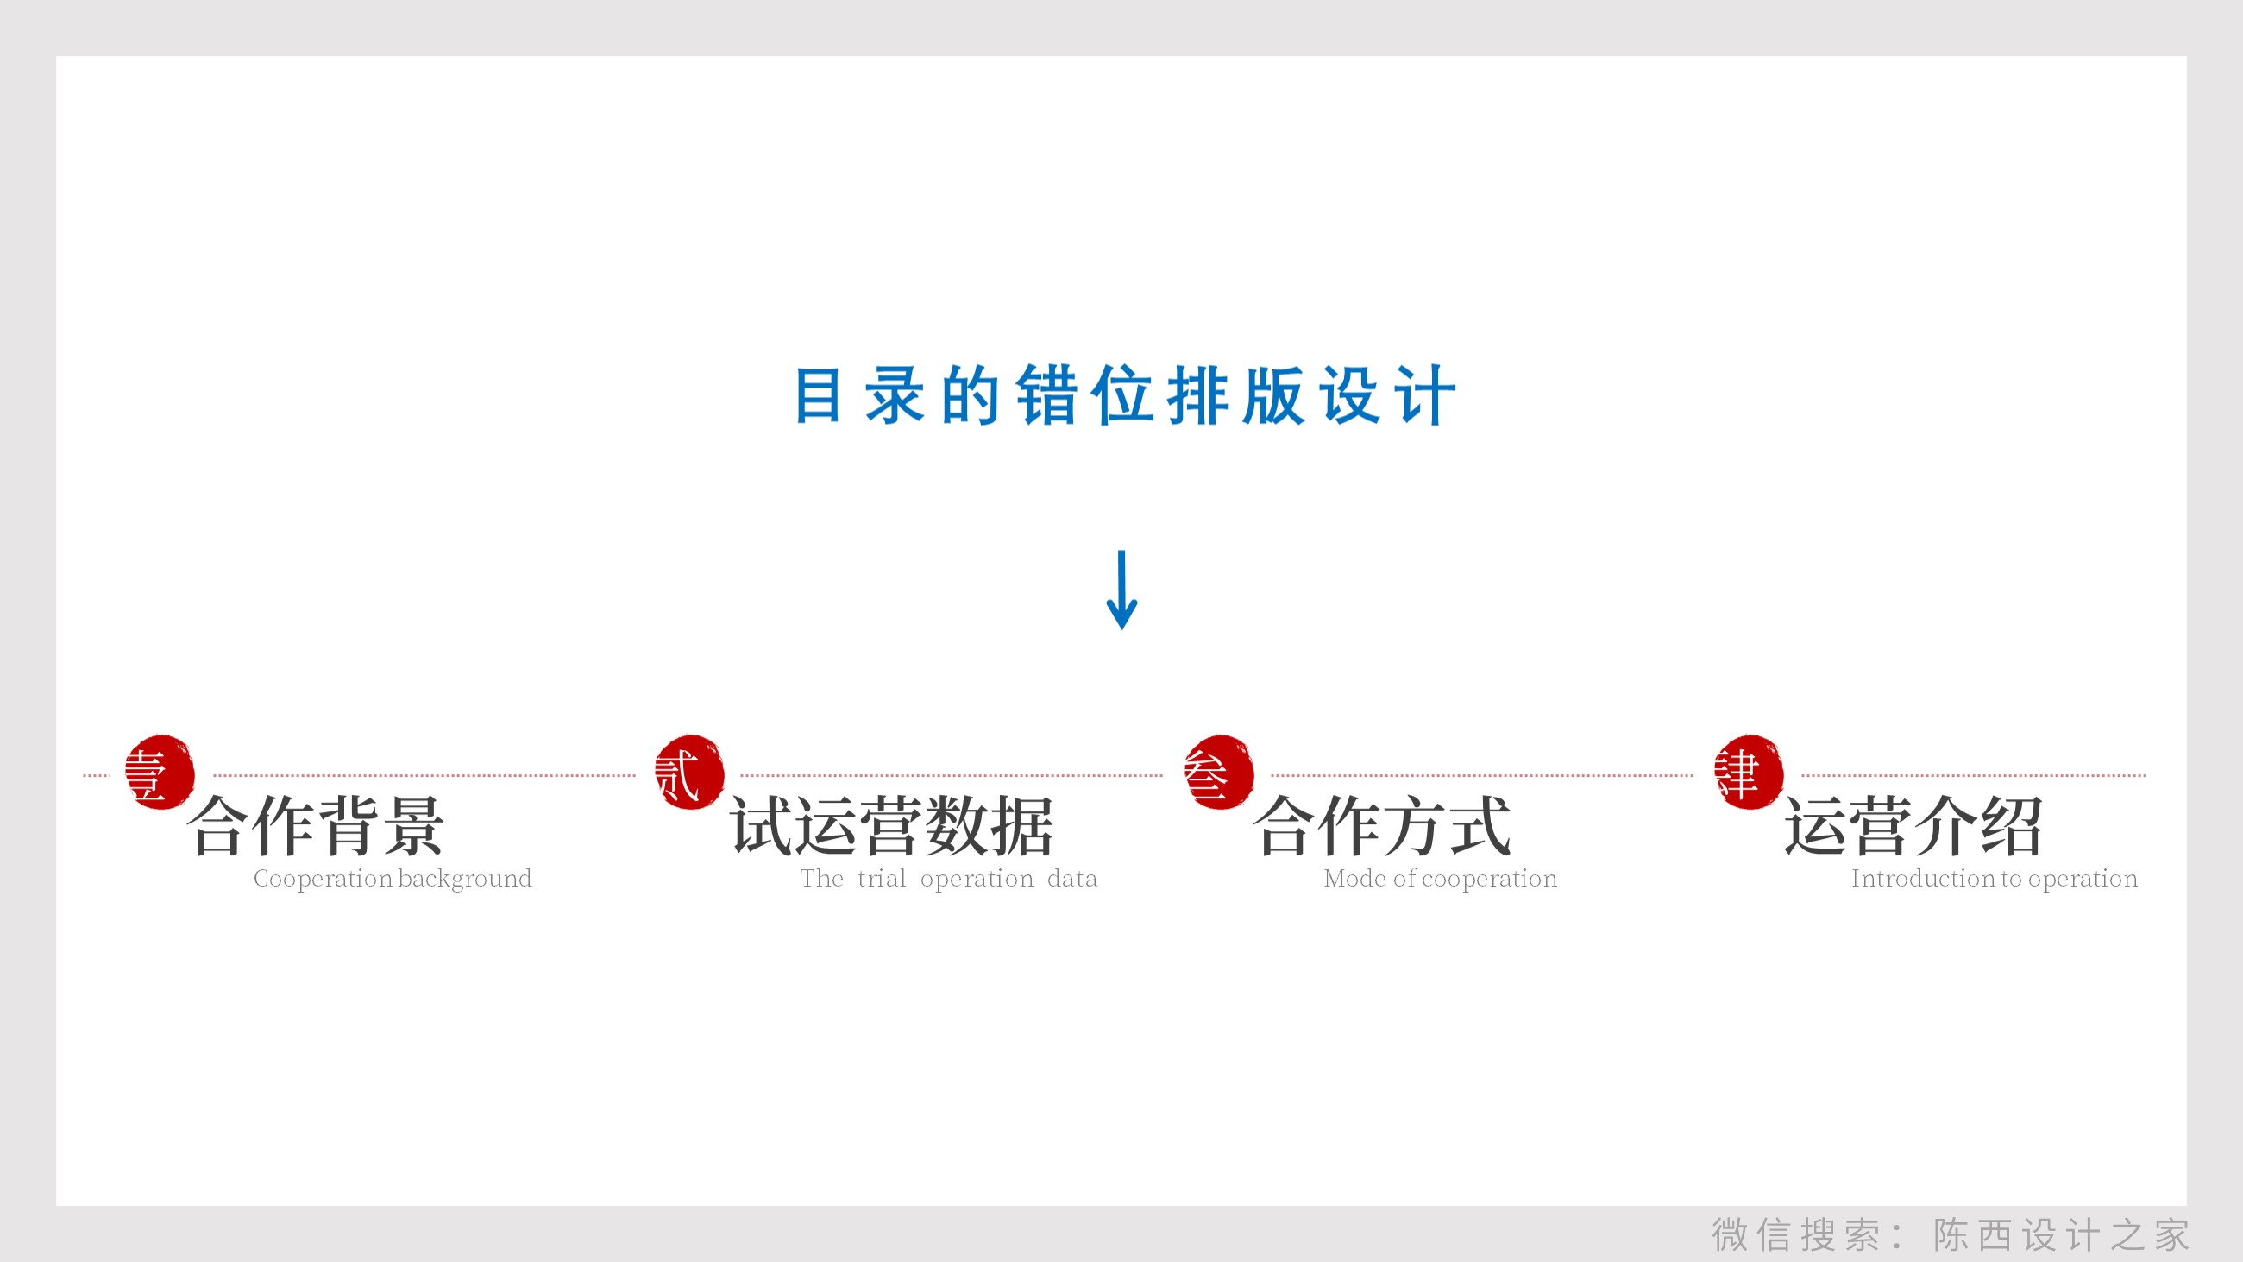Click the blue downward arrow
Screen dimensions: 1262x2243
[x=1121, y=590]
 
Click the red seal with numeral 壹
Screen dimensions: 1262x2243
[x=160, y=773]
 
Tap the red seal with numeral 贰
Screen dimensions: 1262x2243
[x=688, y=773]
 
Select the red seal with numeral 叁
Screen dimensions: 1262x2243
[x=1218, y=773]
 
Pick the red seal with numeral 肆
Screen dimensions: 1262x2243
[x=1748, y=773]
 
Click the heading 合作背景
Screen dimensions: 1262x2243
[x=316, y=826]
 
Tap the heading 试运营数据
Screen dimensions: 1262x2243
[x=893, y=826]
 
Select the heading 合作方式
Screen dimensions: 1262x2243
[x=1382, y=826]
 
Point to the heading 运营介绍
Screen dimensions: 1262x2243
[x=1913, y=826]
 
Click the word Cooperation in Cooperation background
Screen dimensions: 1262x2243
[x=322, y=879]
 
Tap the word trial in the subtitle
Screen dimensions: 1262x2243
[x=881, y=879]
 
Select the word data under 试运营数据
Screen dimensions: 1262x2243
[x=1071, y=879]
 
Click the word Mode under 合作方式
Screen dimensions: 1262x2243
[x=1354, y=879]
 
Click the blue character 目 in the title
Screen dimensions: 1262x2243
[x=818, y=395]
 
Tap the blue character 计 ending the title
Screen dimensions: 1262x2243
[x=1424, y=395]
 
